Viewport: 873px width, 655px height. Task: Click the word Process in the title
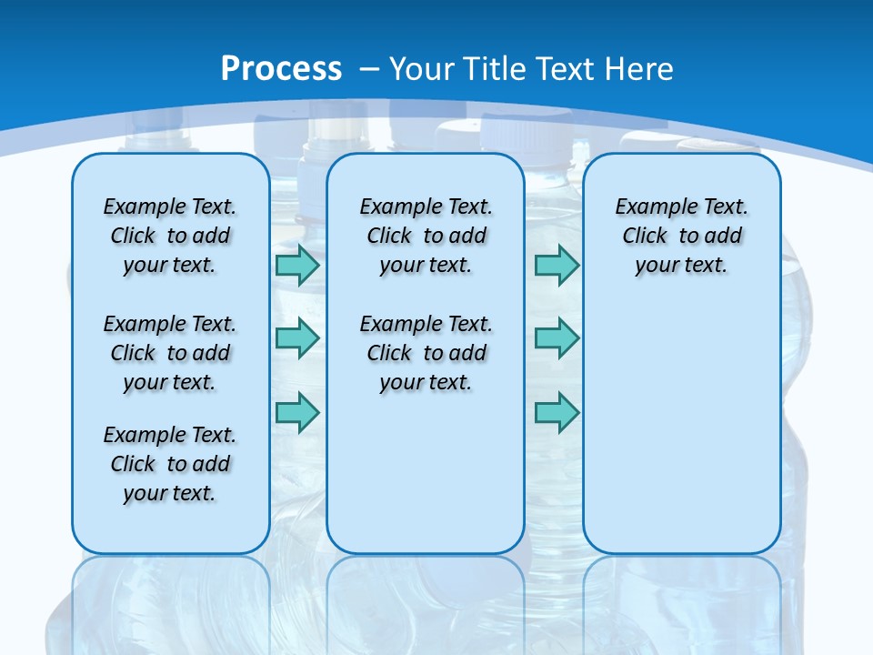click(x=281, y=69)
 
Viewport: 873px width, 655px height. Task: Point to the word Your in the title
click(x=423, y=69)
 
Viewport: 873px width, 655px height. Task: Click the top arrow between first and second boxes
click(x=297, y=266)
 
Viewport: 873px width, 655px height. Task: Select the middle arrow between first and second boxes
click(x=297, y=338)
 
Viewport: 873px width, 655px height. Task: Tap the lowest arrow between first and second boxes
click(x=297, y=412)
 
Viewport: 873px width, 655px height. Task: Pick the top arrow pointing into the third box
click(x=557, y=266)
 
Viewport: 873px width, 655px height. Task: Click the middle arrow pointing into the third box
click(x=557, y=338)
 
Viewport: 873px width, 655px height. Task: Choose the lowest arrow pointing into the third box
click(x=557, y=412)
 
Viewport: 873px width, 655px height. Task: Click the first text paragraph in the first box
click(x=170, y=236)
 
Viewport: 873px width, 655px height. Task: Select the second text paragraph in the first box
click(x=170, y=353)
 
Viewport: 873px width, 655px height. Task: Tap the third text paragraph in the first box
click(x=170, y=464)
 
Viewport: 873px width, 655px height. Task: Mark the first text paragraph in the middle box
click(x=426, y=236)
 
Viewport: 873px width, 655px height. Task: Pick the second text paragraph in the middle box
click(x=426, y=353)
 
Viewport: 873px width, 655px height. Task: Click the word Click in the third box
click(x=645, y=236)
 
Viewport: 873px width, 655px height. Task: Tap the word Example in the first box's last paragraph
click(x=137, y=435)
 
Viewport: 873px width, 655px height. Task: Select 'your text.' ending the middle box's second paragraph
click(x=426, y=383)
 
